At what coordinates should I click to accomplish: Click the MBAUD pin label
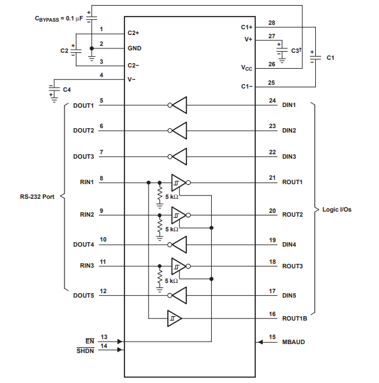pos(294,342)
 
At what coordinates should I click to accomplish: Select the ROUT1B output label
pos(294,318)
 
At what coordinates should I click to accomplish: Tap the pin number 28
pos(272,23)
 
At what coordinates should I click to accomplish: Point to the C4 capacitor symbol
pos(54,89)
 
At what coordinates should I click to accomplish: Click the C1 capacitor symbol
pos(315,57)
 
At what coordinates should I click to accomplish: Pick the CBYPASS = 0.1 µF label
pos(59,18)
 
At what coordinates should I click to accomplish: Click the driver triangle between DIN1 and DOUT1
pos(179,105)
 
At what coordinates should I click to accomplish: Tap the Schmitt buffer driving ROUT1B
pos(174,318)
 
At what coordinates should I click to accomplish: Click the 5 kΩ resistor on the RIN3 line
pos(160,277)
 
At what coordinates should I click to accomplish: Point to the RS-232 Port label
pos(37,197)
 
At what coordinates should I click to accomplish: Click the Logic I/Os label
pos(337,209)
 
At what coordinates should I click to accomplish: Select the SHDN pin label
pos(85,350)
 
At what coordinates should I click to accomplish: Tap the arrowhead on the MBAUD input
pos(260,342)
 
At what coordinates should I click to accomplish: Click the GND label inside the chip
pos(135,48)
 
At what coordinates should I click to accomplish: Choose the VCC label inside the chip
pos(246,68)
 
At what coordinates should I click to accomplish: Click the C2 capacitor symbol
pos(76,51)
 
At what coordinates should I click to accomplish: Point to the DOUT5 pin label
pos(84,295)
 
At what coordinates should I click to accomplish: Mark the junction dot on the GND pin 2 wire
pos(92,48)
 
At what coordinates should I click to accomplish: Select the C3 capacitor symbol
pos(282,50)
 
